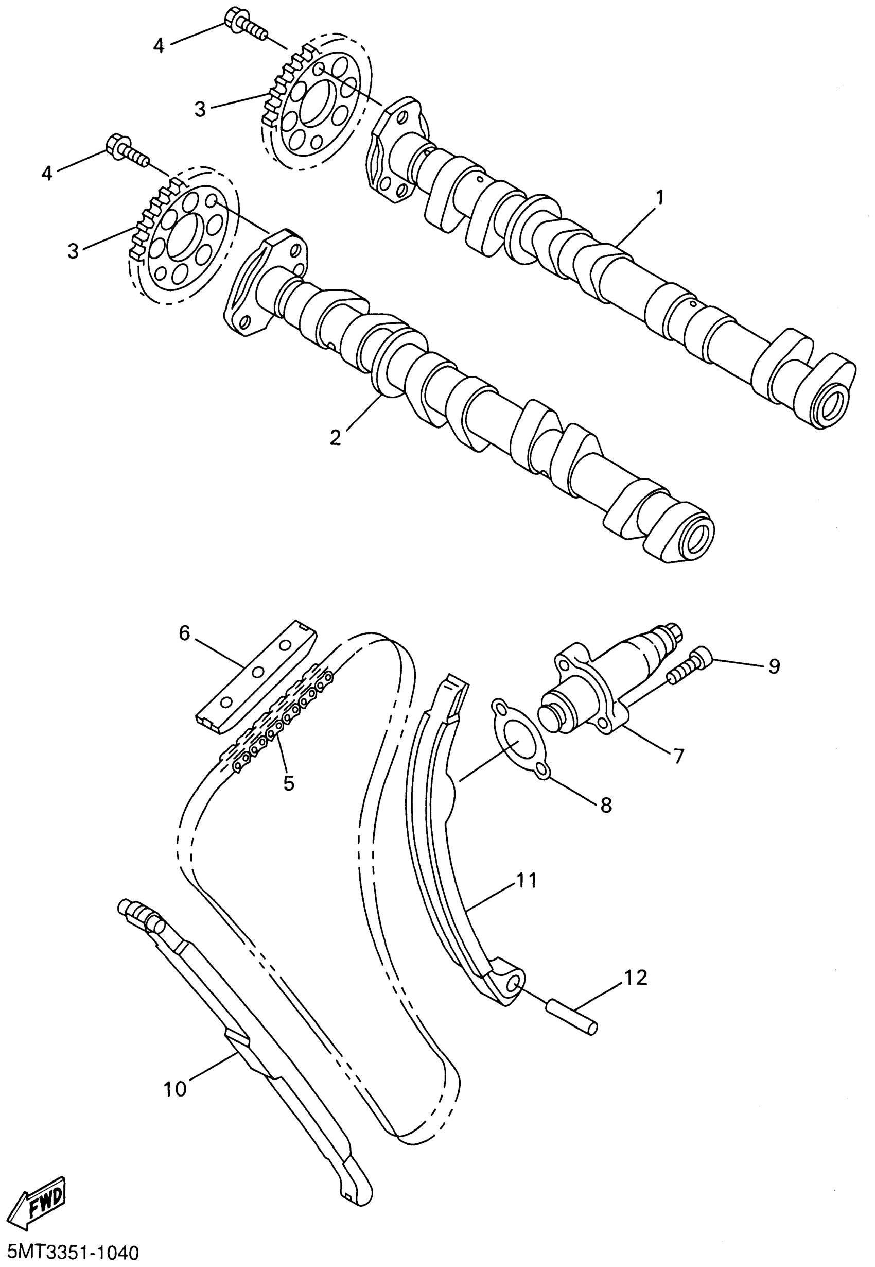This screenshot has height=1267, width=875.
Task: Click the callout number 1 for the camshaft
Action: point(659,197)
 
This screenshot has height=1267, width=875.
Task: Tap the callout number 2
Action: point(335,437)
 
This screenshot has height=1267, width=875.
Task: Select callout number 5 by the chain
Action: point(289,783)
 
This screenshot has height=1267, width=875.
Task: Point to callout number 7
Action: point(679,756)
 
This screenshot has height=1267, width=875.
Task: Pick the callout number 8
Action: point(606,804)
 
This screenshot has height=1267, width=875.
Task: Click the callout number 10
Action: point(176,1089)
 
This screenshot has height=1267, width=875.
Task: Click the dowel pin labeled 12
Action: point(573,1016)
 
